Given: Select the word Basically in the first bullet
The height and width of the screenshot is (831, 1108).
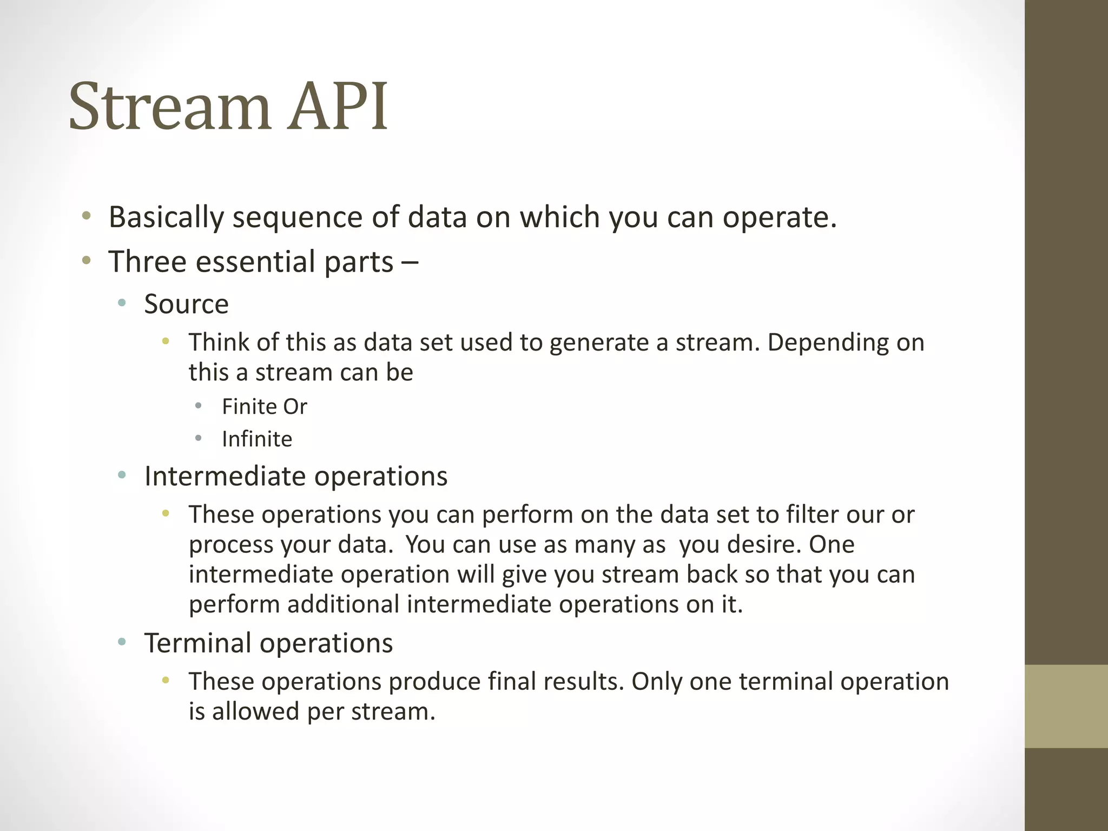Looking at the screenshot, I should point(166,217).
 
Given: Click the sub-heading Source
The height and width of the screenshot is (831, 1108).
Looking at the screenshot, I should point(186,304).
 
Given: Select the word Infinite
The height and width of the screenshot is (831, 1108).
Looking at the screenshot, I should point(257,439).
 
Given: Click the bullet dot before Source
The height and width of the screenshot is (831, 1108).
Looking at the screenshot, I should point(122,304).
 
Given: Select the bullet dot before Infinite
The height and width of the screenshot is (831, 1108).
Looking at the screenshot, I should point(199,438).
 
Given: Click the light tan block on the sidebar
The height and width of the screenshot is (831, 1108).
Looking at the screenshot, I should point(1066,707).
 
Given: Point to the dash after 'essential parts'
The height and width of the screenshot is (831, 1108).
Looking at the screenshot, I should point(410,263).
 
